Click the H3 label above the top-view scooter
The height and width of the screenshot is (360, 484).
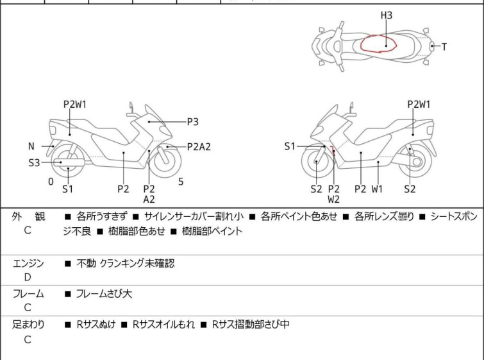(x=386, y=15)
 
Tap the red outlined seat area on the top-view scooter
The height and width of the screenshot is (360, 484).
(x=380, y=44)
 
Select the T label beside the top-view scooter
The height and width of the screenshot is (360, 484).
(x=444, y=47)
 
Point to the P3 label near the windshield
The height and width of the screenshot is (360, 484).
(x=192, y=121)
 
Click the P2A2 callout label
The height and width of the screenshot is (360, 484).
(x=199, y=146)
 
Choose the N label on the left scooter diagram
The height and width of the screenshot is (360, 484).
(x=31, y=146)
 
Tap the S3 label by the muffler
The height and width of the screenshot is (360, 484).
(x=34, y=163)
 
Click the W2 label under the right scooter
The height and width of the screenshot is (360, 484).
(x=333, y=200)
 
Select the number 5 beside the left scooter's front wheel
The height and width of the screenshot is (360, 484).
(x=181, y=182)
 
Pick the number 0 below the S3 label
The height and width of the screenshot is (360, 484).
(x=51, y=182)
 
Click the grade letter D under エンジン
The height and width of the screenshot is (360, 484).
(x=27, y=277)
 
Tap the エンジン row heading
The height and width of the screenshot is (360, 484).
(x=28, y=263)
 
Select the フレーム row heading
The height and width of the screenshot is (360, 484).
(x=28, y=294)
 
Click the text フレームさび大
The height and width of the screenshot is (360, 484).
(x=104, y=294)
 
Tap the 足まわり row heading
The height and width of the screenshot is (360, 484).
(x=28, y=325)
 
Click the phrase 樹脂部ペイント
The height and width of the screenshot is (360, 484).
(x=212, y=231)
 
